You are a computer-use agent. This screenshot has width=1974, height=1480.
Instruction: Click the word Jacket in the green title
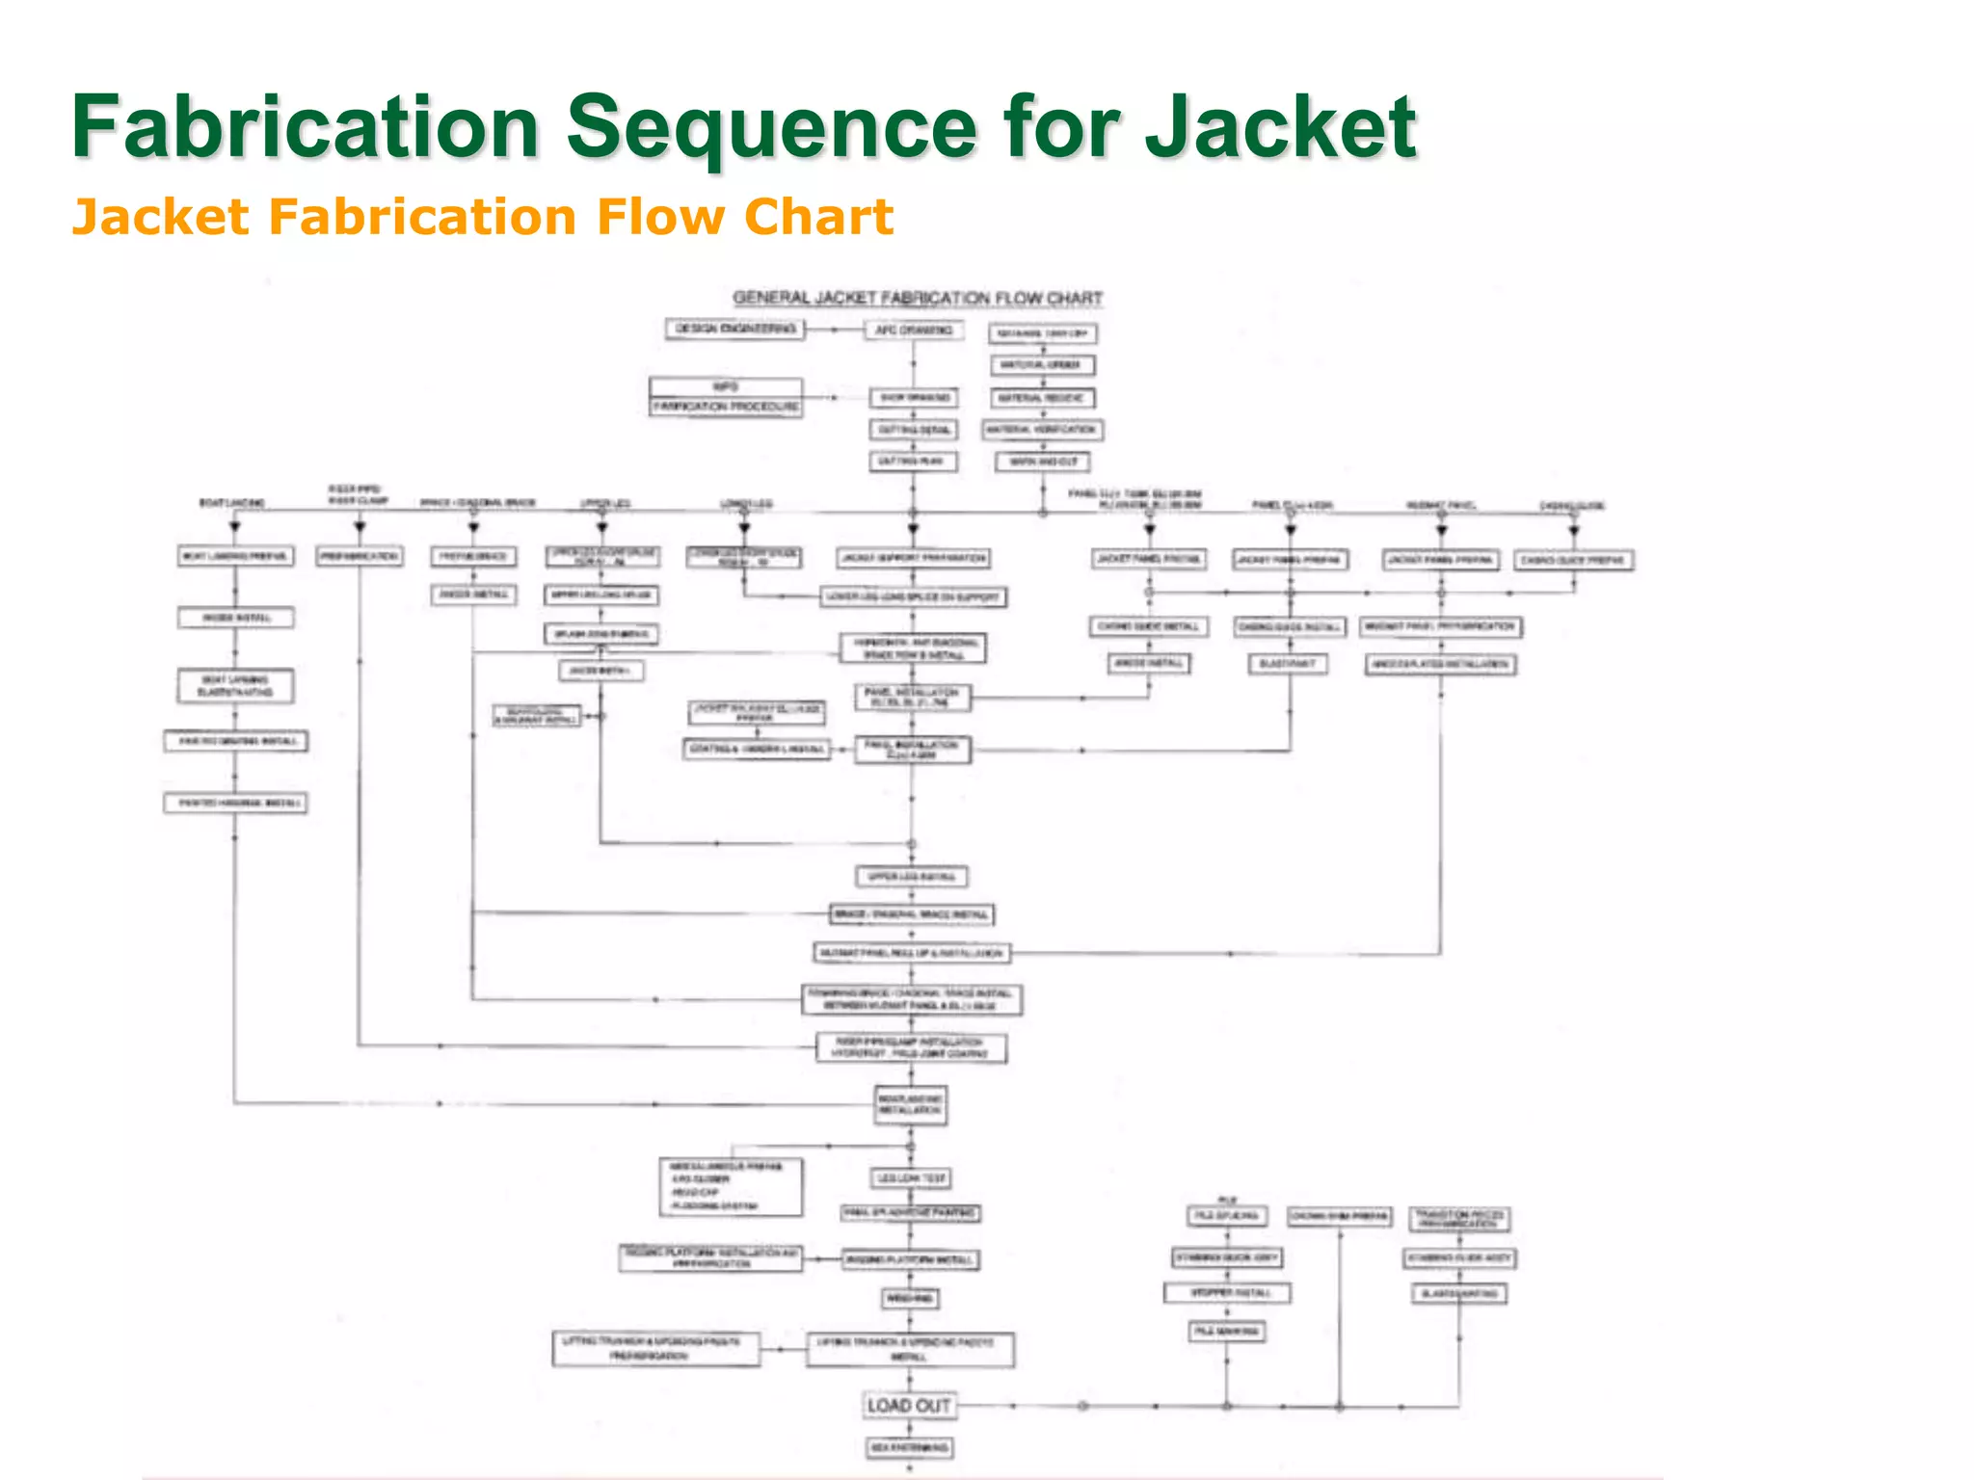coord(1280,127)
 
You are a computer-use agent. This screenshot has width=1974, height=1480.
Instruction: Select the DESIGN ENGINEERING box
coord(735,330)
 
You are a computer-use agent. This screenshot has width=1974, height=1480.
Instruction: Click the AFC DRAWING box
coord(912,330)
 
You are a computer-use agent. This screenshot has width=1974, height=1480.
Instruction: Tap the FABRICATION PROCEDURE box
coord(727,407)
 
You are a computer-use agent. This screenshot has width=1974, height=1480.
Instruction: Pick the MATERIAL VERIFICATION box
coord(1042,430)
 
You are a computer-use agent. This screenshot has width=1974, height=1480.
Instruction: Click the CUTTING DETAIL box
coord(913,430)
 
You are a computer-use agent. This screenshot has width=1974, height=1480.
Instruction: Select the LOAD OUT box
coord(908,1406)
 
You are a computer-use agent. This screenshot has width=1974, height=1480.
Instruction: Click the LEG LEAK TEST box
coord(911,1178)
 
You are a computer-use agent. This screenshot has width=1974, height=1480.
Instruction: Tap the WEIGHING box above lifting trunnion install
coord(910,1299)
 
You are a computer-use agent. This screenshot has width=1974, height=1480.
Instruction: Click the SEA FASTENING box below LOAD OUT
coord(909,1448)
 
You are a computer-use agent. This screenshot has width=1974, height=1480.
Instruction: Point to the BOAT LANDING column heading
coord(232,503)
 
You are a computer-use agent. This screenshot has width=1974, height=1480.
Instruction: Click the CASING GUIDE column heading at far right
coord(1571,505)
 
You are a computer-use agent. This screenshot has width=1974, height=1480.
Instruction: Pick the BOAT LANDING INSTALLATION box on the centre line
coord(911,1105)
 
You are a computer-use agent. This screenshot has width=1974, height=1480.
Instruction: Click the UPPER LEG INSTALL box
coord(911,877)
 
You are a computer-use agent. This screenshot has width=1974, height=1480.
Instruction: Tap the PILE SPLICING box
coord(1226,1217)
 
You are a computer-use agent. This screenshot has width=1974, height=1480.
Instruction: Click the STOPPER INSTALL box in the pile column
coord(1226,1293)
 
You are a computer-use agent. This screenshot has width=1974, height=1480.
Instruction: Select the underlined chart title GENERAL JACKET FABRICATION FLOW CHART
coord(917,299)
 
